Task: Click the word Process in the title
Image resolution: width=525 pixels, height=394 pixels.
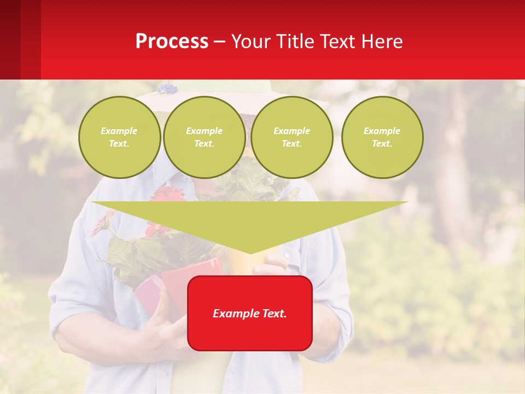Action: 172,42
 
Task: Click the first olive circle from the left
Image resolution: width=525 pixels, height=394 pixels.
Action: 119,137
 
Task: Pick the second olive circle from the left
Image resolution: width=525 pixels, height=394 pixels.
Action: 205,137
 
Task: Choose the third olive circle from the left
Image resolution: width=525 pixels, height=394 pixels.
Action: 292,137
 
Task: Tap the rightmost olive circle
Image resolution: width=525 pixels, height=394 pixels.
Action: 382,137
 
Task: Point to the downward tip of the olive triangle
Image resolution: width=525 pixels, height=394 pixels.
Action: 250,253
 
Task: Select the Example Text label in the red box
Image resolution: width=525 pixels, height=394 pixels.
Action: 250,314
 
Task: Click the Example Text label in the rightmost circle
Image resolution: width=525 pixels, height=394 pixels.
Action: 382,137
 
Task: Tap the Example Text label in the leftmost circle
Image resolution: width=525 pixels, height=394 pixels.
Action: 119,137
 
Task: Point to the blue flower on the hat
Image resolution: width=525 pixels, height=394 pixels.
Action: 167,88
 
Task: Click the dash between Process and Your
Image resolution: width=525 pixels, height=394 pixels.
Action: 220,42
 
